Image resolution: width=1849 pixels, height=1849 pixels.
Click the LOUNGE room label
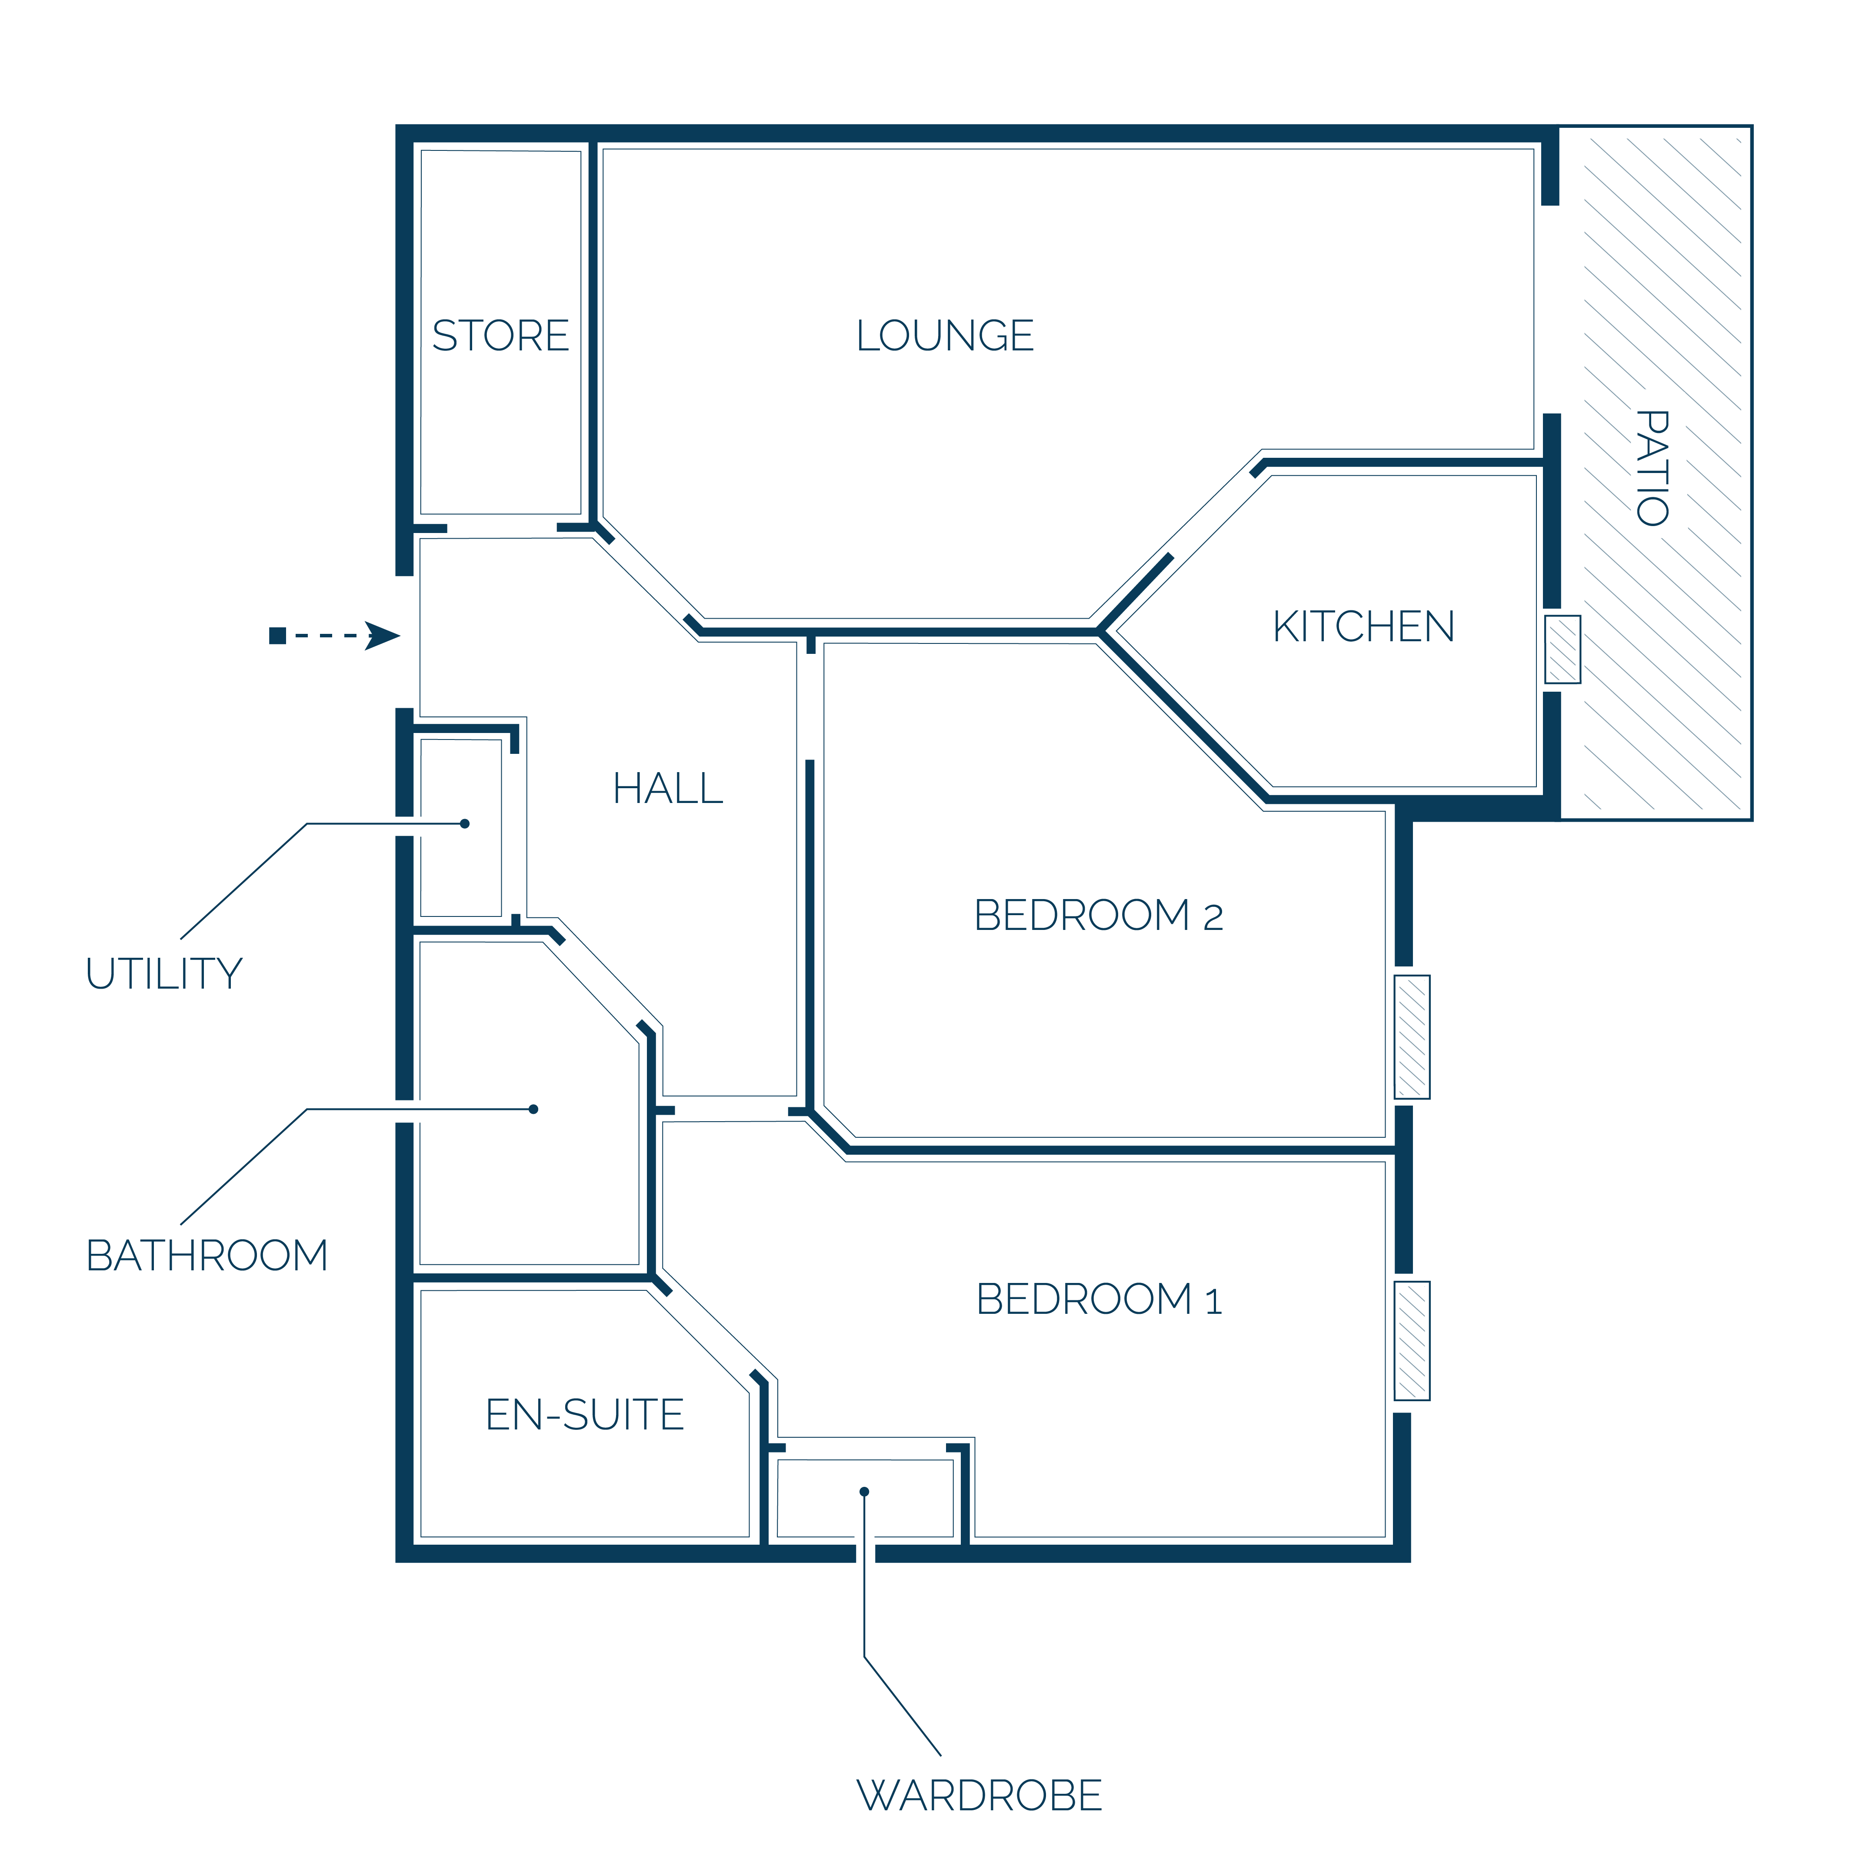tap(945, 336)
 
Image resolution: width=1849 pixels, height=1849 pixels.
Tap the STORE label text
tap(500, 336)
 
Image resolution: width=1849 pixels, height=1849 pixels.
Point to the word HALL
tap(668, 789)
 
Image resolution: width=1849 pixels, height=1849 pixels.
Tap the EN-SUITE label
tap(585, 1415)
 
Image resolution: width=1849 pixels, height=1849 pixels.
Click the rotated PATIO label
tap(1653, 468)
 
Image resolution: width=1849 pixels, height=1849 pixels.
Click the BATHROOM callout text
tap(207, 1256)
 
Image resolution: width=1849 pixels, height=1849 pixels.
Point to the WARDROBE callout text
tap(979, 1796)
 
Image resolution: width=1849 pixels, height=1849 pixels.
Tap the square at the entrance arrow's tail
tap(277, 636)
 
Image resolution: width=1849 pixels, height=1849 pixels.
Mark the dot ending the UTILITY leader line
tap(465, 824)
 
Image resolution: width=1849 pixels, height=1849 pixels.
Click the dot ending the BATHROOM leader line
tap(533, 1109)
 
